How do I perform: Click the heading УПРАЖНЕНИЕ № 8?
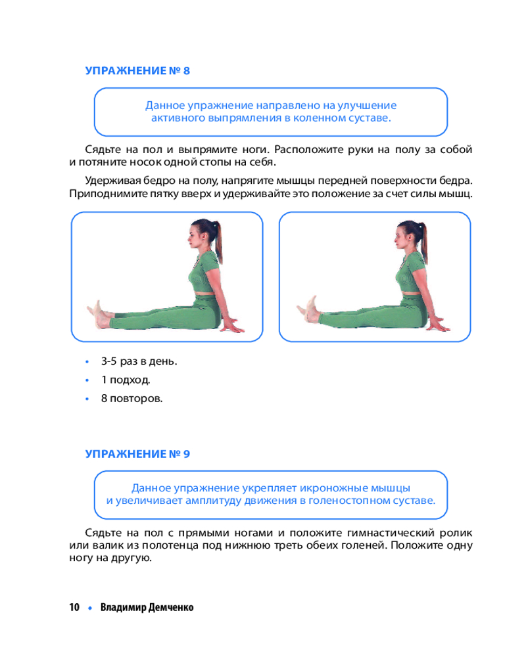point(137,70)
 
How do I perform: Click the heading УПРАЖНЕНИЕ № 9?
point(137,454)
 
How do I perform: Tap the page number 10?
point(74,607)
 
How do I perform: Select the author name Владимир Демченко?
point(147,607)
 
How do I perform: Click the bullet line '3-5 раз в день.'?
point(139,361)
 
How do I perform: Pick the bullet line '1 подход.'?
point(126,380)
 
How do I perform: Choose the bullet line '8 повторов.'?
point(131,399)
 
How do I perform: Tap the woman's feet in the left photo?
point(99,314)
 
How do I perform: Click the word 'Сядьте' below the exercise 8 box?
point(103,150)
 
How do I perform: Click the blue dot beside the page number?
point(90,608)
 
